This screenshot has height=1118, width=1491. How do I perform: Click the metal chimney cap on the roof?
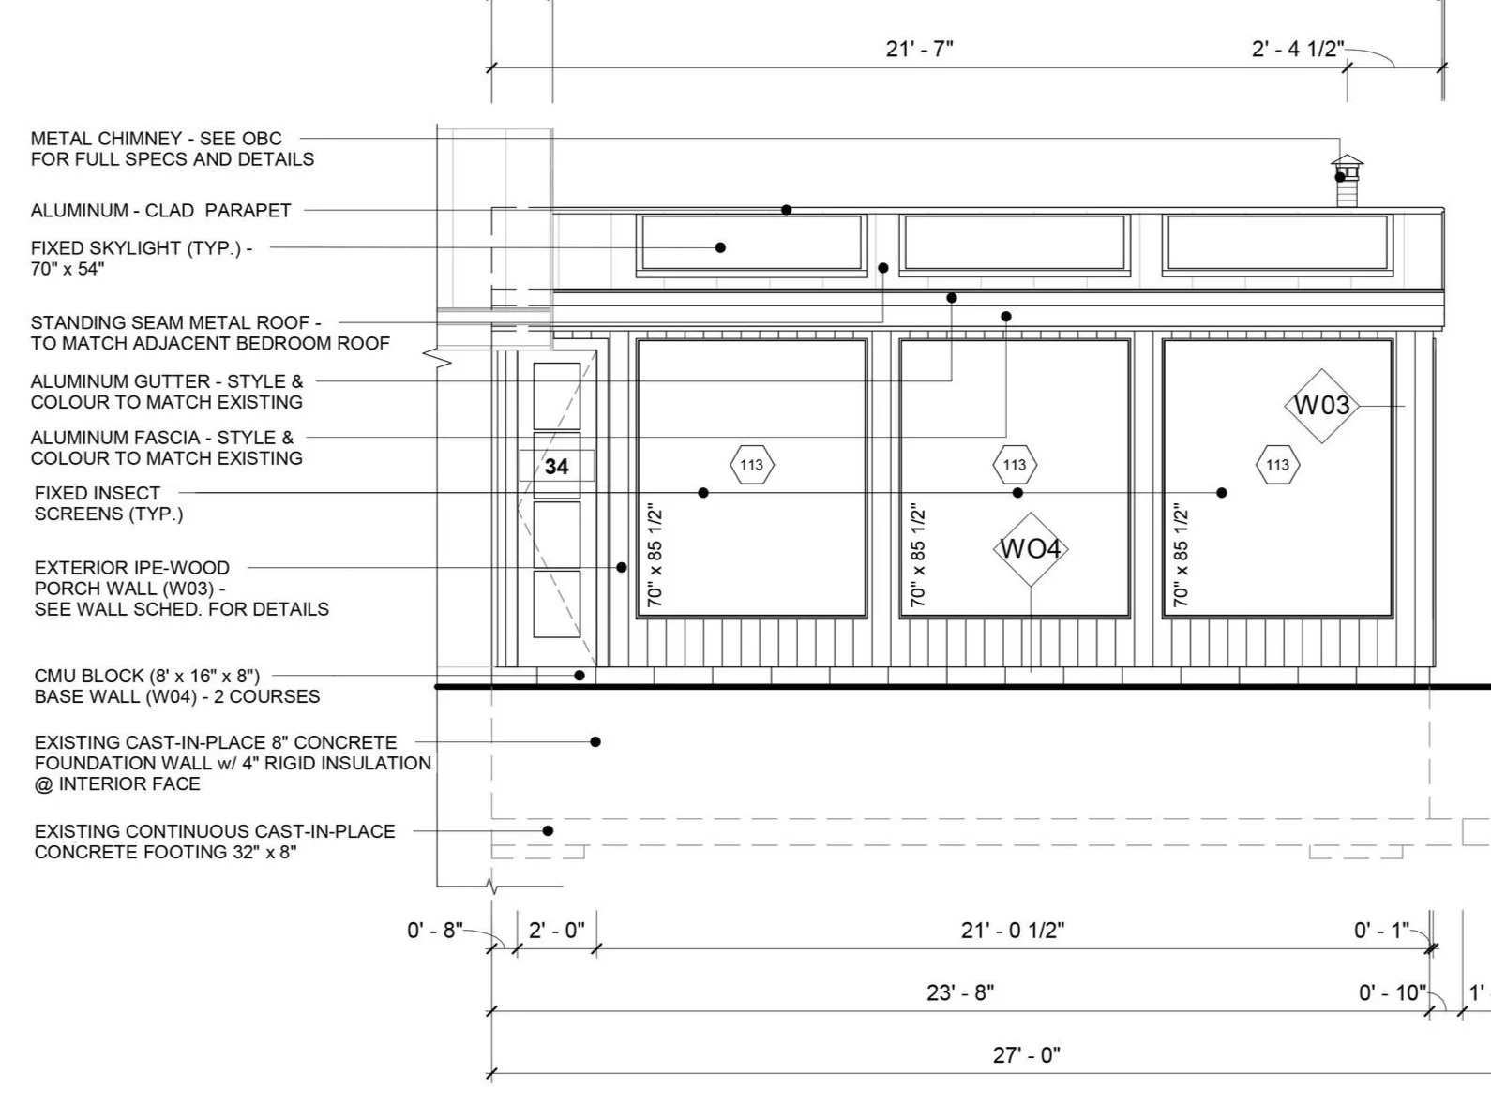pyautogui.click(x=1347, y=161)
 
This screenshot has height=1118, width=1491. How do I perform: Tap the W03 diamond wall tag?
pyautogui.click(x=1322, y=406)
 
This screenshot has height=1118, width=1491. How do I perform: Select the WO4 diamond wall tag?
pyautogui.click(x=1031, y=549)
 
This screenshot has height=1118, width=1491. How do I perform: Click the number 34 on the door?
pyautogui.click(x=556, y=467)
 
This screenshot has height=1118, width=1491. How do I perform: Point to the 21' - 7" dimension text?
pyautogui.click(x=920, y=49)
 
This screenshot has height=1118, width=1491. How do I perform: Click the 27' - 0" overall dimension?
pyautogui.click(x=1027, y=1055)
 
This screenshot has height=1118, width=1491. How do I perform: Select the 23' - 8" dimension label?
pyautogui.click(x=960, y=992)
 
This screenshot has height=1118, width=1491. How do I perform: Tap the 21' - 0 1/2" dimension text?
pyautogui.click(x=1013, y=930)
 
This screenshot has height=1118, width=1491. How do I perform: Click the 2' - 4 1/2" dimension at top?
pyautogui.click(x=1298, y=49)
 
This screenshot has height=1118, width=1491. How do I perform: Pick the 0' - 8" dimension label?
pyautogui.click(x=435, y=930)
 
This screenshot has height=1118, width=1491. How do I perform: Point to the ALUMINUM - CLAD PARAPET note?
pyautogui.click(x=161, y=211)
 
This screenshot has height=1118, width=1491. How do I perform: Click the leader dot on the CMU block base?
pyautogui.click(x=580, y=676)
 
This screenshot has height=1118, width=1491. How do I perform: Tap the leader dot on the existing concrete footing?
pyautogui.click(x=549, y=831)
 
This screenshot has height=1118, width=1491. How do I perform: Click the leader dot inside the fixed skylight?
pyautogui.click(x=720, y=247)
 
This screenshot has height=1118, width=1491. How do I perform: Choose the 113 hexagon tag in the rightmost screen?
pyautogui.click(x=1278, y=465)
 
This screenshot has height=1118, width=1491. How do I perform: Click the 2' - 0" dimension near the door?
pyautogui.click(x=556, y=930)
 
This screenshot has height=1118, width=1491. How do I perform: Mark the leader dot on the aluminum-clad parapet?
pyautogui.click(x=786, y=210)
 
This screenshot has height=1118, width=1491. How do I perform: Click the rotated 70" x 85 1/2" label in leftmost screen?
pyautogui.click(x=655, y=555)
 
